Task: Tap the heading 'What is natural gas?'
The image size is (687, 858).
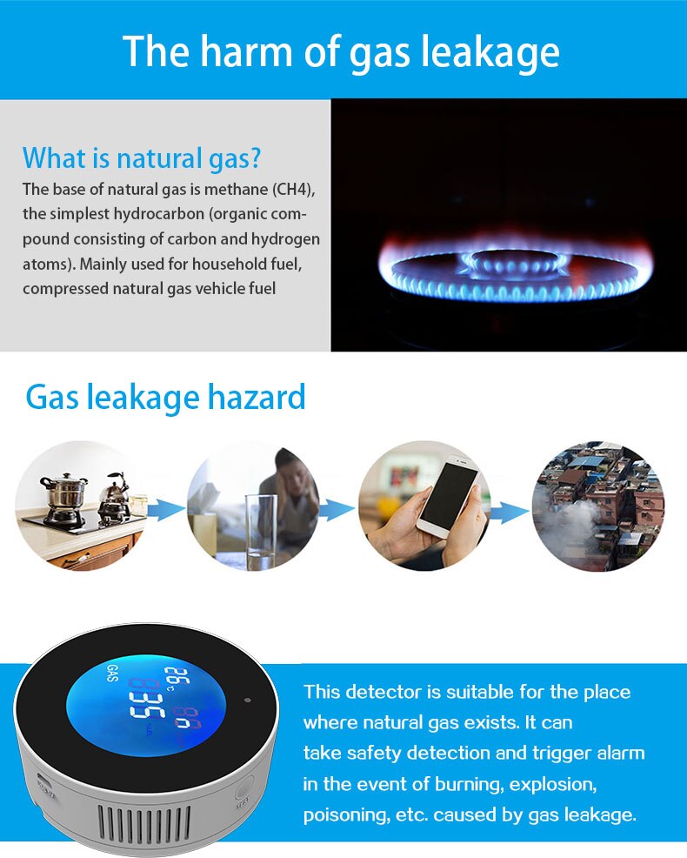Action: [x=142, y=158]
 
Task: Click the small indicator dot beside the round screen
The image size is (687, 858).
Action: [x=248, y=700]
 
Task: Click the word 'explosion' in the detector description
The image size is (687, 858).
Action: [x=552, y=784]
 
